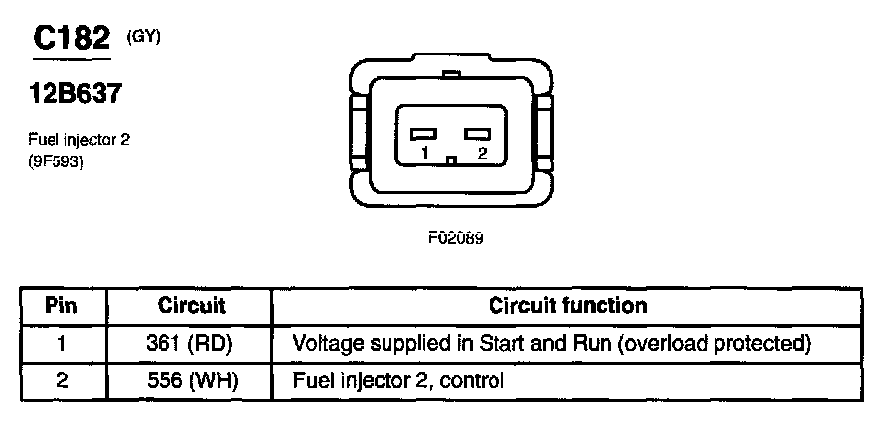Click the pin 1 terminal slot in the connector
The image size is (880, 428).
[425, 134]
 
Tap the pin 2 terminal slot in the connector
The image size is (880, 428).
[479, 134]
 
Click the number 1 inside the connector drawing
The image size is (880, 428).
[423, 154]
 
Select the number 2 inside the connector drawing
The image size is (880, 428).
[481, 154]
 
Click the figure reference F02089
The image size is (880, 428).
[455, 238]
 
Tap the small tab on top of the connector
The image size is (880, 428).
[451, 74]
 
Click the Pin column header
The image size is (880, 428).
[61, 306]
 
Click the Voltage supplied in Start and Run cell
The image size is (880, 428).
[553, 343]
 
